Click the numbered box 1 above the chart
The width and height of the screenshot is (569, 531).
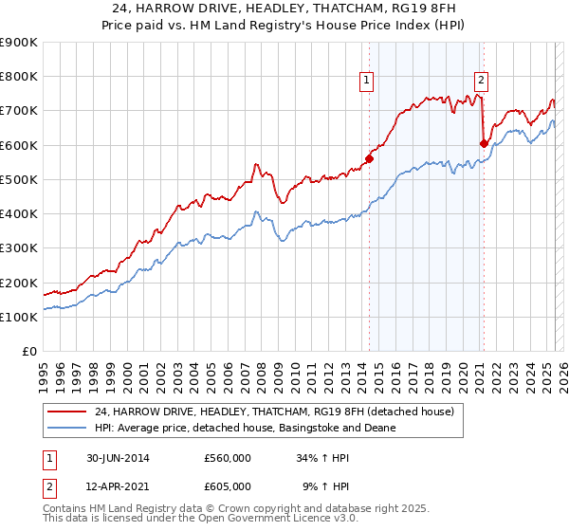(x=366, y=82)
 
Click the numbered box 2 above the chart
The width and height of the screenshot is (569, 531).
(x=482, y=82)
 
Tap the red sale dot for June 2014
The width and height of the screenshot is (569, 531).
(x=369, y=159)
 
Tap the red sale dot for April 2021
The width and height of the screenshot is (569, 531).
(x=484, y=143)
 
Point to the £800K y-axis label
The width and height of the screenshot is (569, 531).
(x=18, y=77)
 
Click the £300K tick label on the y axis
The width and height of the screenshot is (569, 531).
(x=18, y=248)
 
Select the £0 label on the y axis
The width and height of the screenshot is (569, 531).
(x=28, y=352)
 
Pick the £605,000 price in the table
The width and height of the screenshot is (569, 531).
(x=228, y=485)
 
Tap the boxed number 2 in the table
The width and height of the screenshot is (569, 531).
(x=48, y=485)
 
